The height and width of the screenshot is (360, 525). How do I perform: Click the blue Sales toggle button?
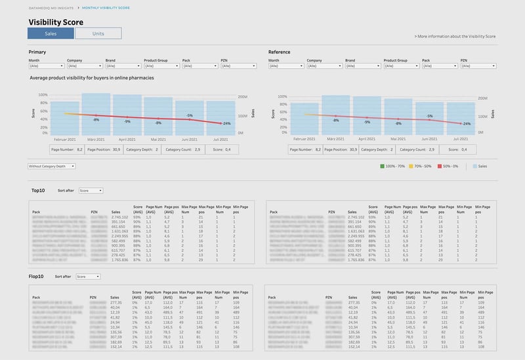(51, 33)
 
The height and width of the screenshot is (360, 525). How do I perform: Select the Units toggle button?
(98, 33)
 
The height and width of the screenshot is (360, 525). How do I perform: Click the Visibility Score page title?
(55, 22)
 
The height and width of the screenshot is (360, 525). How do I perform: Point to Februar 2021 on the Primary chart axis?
(64, 139)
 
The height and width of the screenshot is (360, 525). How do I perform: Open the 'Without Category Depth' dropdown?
(52, 166)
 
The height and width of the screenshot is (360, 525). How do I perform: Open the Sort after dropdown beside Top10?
(91, 191)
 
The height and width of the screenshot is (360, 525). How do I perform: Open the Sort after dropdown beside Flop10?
(88, 277)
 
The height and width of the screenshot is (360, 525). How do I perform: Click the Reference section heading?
(279, 52)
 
